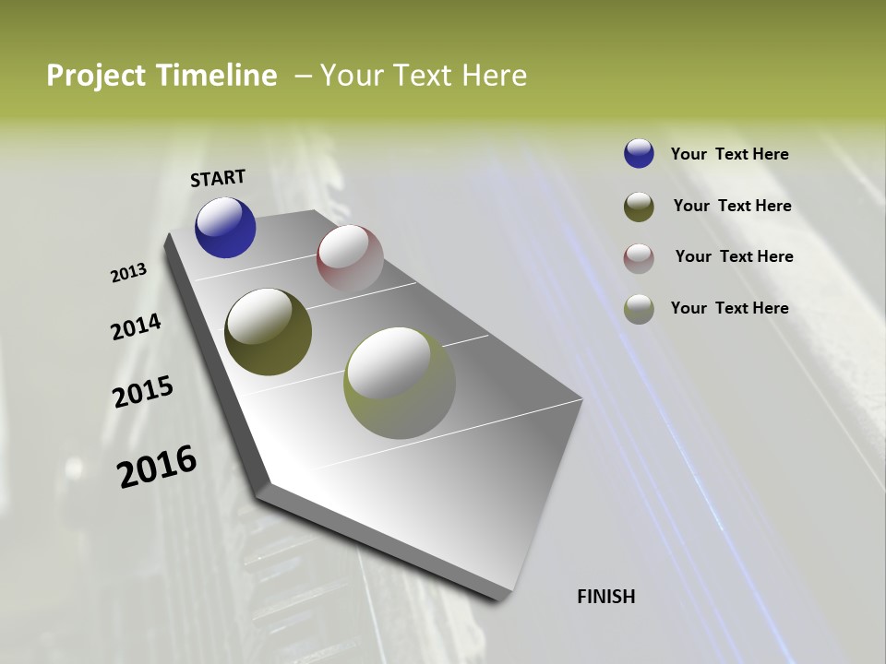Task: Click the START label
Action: [218, 178]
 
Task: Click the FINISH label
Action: [605, 597]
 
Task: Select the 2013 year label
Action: [129, 273]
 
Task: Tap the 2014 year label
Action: [136, 326]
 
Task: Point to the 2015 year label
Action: [143, 392]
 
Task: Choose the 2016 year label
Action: [157, 466]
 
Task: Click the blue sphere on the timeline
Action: [225, 227]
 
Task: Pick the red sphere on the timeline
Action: [350, 258]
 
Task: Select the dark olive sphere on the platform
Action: [268, 332]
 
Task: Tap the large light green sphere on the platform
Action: [399, 383]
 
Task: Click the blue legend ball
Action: [639, 153]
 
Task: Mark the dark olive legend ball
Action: [639, 207]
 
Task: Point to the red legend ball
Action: [639, 258]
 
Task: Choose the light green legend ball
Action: [639, 309]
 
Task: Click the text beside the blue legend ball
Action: [729, 154]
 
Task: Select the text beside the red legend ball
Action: [734, 256]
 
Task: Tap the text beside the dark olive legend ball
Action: [732, 206]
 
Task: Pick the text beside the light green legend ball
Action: [729, 308]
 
